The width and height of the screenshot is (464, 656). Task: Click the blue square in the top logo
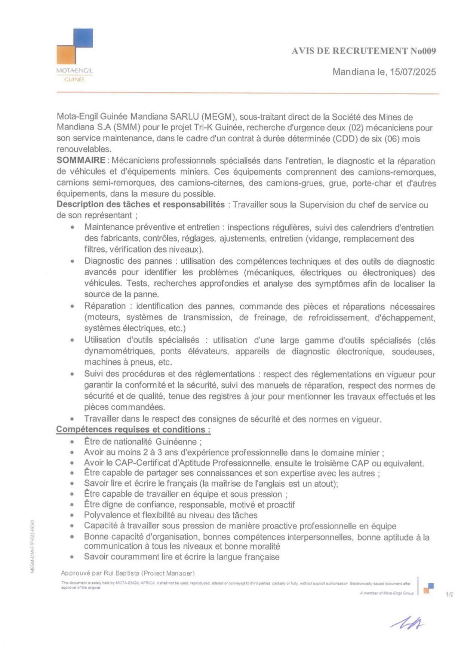83,38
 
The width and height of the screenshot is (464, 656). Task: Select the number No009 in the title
423,51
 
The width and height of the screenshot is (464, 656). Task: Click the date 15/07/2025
413,72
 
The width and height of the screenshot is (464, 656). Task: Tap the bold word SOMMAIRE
81,160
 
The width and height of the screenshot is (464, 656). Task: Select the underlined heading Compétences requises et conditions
133,429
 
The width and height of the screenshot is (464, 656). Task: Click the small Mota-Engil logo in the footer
428,588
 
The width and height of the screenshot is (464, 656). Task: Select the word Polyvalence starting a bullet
107,515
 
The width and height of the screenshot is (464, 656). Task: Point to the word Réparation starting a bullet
105,306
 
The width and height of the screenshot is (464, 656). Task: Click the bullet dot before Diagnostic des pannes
72,261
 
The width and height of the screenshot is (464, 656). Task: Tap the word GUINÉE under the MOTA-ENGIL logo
74,79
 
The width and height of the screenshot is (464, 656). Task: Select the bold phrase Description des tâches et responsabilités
141,205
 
